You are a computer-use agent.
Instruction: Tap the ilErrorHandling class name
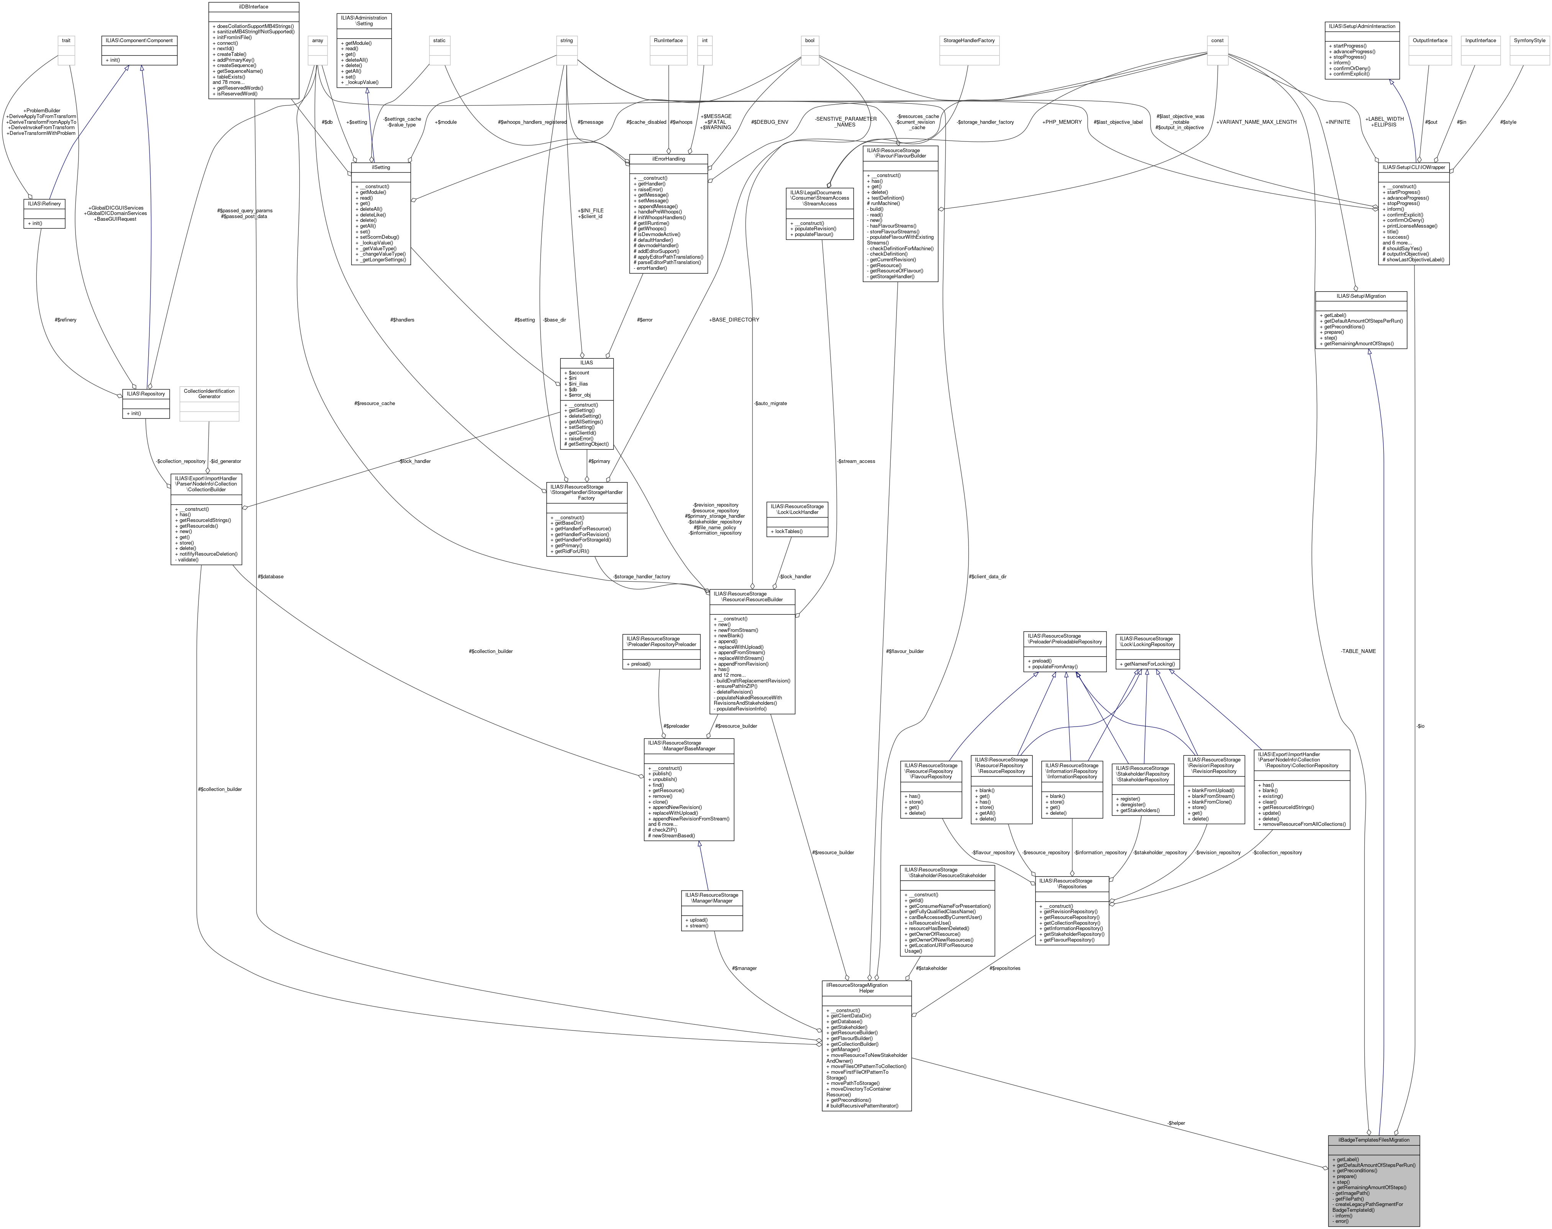[x=668, y=158]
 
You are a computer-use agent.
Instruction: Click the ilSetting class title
[x=380, y=167]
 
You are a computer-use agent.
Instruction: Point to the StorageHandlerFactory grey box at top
[x=967, y=40]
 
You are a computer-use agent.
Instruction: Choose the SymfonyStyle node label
[x=1529, y=40]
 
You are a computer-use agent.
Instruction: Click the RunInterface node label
[x=668, y=40]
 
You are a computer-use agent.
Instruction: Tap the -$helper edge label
[x=1176, y=1122]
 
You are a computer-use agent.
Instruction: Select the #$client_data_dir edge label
[x=987, y=576]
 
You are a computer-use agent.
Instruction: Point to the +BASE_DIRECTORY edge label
[x=734, y=320]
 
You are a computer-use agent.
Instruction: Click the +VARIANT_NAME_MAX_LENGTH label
[x=1256, y=121]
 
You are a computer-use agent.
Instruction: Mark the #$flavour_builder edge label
[x=905, y=651]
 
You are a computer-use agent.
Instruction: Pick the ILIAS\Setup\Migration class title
[x=1361, y=296]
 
